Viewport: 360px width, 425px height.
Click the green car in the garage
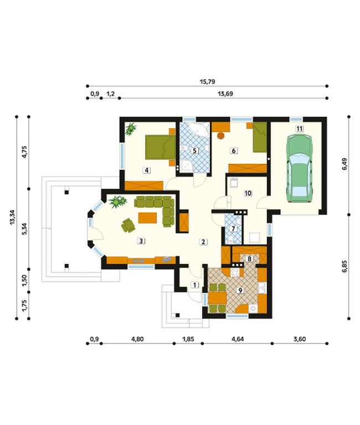point(300,168)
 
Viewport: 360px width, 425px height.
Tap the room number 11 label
point(299,128)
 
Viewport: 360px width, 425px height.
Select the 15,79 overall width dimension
point(208,81)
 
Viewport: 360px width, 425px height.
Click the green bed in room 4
point(160,147)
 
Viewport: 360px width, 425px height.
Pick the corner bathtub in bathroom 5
point(199,129)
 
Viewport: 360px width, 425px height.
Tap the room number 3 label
point(141,241)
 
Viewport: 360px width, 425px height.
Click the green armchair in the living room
point(128,225)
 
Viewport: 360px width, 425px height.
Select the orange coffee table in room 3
point(147,218)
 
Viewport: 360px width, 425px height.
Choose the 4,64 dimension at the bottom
point(238,339)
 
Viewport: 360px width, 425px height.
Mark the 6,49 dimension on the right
point(344,164)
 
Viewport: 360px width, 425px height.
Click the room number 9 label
point(240,291)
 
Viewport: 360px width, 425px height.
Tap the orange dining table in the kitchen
point(217,298)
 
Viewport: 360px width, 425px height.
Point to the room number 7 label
point(233,229)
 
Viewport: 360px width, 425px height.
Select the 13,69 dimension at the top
point(225,94)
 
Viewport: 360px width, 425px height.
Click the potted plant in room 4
point(131,129)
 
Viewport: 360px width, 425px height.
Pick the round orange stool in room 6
point(222,136)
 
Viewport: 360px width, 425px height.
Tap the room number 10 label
point(248,193)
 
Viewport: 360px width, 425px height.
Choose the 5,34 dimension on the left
point(25,229)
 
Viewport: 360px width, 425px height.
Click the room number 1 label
point(195,285)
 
